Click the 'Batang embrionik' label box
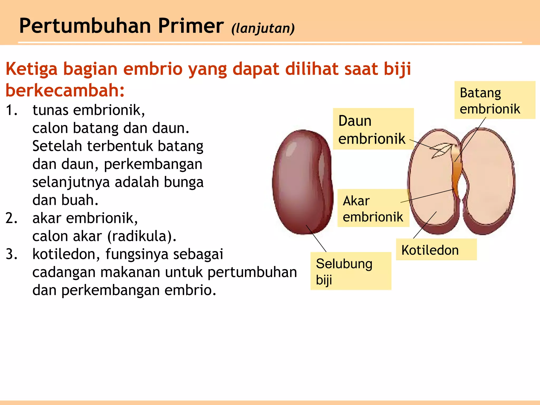494,100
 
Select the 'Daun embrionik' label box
373,129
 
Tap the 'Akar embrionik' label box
373,208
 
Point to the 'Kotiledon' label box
436,250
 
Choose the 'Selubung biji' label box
350,271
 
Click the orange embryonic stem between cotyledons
456,169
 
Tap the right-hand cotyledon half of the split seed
488,179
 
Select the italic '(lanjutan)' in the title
263,28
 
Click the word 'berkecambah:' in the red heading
65,90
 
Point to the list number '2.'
12,218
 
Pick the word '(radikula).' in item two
142,236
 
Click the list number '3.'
12,254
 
